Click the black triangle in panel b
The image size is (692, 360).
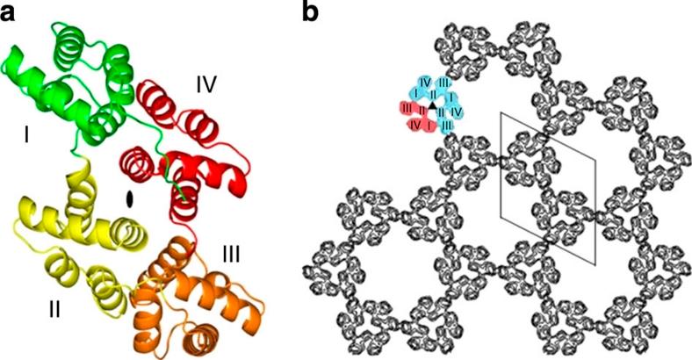click(x=432, y=105)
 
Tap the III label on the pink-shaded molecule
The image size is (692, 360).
click(x=407, y=108)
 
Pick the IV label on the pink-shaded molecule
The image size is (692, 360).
click(x=414, y=126)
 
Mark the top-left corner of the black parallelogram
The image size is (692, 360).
click(x=500, y=112)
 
